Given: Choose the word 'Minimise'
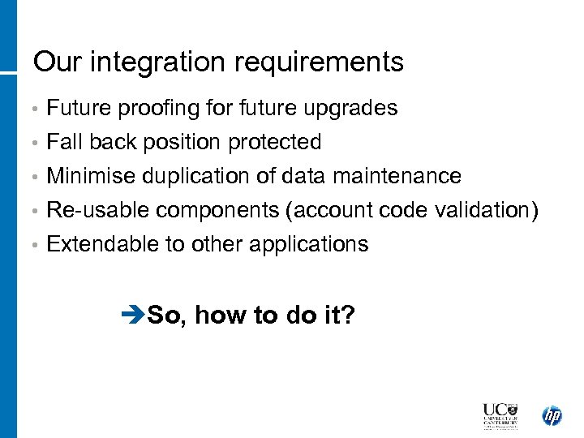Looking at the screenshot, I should coord(91,176).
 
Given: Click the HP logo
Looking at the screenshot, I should coord(552,415).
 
